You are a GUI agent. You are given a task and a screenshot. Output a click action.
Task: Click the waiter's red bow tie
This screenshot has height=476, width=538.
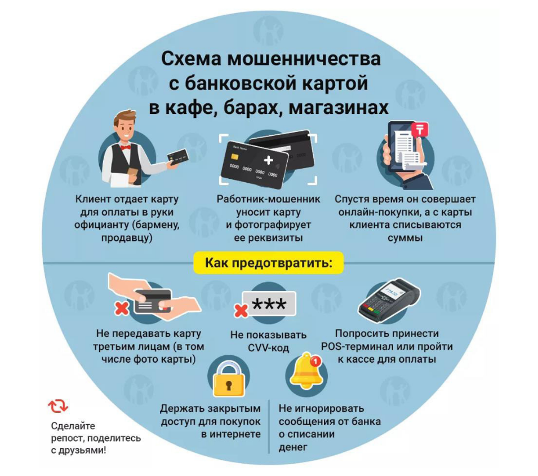(x=126, y=147)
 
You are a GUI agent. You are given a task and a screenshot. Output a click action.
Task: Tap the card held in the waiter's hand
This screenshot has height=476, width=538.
(x=178, y=157)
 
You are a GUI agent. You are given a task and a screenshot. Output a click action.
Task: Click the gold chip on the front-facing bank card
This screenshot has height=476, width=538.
(x=235, y=157)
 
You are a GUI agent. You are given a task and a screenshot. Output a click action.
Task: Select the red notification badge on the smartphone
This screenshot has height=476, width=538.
(x=420, y=130)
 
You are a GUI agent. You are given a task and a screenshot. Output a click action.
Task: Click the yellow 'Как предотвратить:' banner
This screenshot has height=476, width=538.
(x=268, y=263)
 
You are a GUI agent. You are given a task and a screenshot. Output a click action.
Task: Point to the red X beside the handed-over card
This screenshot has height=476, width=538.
(x=122, y=308)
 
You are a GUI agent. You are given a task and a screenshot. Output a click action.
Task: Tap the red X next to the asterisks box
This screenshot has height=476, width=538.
(x=241, y=310)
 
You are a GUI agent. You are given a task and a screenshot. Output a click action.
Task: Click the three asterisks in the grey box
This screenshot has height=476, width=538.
(x=269, y=305)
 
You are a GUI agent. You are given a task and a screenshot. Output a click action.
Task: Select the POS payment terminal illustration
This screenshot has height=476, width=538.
(x=389, y=299)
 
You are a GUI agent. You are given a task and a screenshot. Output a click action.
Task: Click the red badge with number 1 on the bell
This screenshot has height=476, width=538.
(x=315, y=361)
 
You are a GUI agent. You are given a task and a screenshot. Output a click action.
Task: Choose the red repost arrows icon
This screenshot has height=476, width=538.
(x=58, y=406)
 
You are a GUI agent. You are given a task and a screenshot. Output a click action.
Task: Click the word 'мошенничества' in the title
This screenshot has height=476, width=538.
(x=304, y=59)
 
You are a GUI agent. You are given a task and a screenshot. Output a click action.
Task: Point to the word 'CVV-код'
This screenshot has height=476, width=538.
(x=268, y=348)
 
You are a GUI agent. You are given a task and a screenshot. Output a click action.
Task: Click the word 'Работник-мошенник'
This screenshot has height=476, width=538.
(x=268, y=199)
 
